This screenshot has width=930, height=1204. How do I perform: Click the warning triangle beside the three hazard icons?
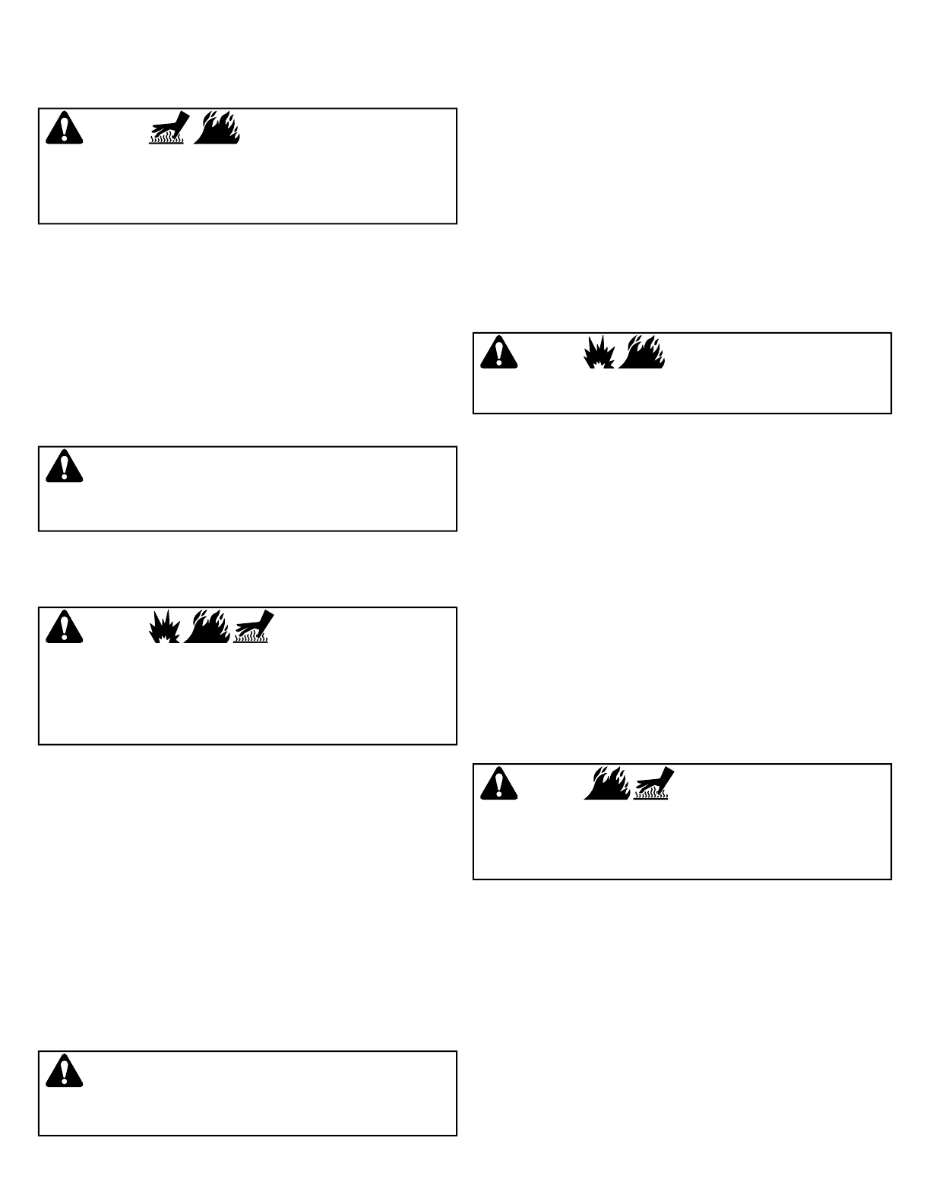64,627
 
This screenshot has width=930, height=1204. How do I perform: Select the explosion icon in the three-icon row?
165,627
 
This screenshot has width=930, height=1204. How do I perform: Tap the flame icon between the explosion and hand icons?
207,626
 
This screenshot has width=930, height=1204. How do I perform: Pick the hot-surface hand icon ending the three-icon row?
251,626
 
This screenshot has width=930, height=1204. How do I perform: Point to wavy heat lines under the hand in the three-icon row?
250,638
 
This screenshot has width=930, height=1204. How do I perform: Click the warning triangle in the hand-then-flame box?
64,128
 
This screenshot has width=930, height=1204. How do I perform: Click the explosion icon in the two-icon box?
599,353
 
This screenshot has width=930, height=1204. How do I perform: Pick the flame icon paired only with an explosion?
642,352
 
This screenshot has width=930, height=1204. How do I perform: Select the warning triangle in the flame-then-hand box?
498,784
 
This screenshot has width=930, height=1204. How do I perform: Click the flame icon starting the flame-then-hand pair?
606,783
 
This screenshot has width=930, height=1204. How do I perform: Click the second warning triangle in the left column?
64,466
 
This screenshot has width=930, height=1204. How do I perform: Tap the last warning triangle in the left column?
64,1071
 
